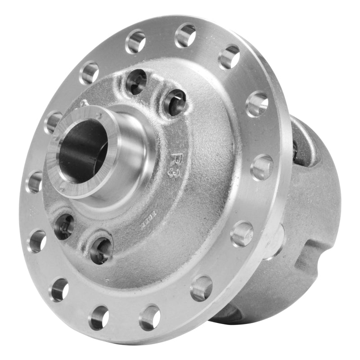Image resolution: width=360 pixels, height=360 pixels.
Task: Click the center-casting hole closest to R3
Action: (x=175, y=102)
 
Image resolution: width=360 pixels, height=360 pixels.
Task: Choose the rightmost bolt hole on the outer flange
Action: (x=261, y=167)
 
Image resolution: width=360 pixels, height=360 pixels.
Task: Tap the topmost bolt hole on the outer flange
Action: (x=185, y=35)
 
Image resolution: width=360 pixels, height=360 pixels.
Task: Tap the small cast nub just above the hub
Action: (x=84, y=103)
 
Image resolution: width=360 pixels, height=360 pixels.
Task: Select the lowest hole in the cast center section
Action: (x=101, y=250)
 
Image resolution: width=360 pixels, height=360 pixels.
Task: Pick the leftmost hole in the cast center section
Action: (x=64, y=226)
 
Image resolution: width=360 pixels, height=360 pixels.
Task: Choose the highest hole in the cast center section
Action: (x=136, y=81)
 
